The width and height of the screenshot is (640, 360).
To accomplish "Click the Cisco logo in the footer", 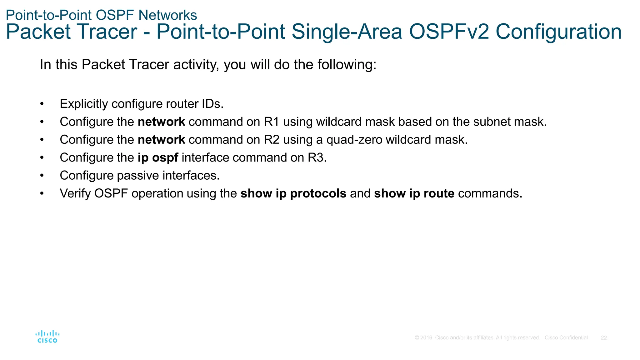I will (x=47, y=337).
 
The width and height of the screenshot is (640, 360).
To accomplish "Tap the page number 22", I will (x=604, y=338).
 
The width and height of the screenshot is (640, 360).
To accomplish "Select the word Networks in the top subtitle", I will (x=168, y=15).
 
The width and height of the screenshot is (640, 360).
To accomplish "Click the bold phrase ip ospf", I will (x=158, y=158).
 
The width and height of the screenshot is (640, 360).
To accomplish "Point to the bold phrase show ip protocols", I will (x=293, y=193).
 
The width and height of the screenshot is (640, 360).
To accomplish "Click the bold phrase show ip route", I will (x=414, y=193).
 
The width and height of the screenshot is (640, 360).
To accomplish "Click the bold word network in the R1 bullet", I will (x=161, y=122).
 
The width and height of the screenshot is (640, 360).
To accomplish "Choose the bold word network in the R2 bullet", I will (x=161, y=140).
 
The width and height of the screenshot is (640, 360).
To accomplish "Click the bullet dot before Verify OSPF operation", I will (x=42, y=194).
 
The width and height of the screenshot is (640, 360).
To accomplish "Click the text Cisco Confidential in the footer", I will (x=566, y=338).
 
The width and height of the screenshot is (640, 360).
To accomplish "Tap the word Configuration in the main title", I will (x=558, y=32).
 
